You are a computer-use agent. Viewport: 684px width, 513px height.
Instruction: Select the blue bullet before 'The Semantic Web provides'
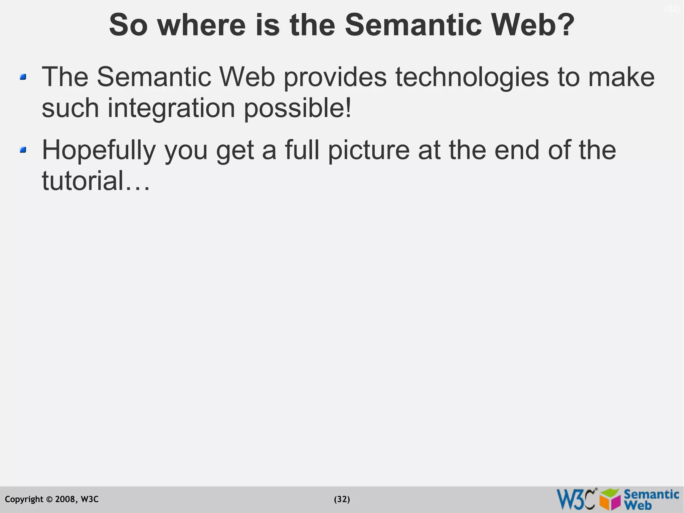pos(23,77)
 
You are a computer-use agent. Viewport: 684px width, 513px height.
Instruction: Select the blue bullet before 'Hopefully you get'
pos(23,150)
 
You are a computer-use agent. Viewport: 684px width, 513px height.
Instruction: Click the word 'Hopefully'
pos(99,150)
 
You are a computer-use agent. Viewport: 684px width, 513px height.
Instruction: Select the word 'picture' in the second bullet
pos(368,150)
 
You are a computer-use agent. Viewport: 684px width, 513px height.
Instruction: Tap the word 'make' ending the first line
pos(621,78)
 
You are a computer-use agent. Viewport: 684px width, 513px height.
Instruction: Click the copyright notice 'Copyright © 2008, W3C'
pos(52,499)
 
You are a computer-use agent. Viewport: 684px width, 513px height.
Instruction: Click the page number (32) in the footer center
pos(342,499)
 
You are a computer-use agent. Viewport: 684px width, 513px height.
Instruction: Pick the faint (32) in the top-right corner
pos(672,9)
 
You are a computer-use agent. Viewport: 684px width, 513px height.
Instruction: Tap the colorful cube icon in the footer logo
pos(610,499)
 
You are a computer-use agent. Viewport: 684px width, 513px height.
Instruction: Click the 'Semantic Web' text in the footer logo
pos(651,499)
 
